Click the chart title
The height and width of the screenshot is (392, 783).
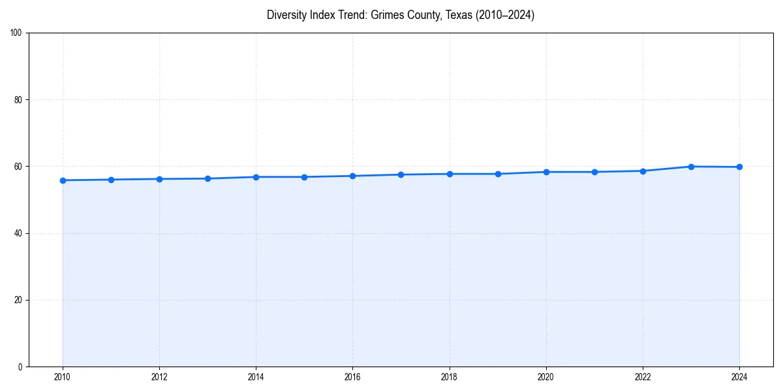click(x=400, y=15)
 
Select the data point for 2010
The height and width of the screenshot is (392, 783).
click(x=63, y=180)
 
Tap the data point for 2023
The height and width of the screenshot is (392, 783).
click(x=691, y=167)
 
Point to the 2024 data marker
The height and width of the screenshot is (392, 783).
click(x=739, y=167)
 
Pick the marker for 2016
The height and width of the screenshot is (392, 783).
click(x=352, y=176)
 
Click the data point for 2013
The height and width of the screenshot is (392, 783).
click(x=207, y=178)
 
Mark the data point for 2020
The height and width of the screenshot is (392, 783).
click(x=546, y=172)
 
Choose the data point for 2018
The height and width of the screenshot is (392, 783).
click(x=450, y=174)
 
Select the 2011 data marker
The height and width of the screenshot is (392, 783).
click(x=111, y=180)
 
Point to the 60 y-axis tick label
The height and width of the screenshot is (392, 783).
click(x=19, y=167)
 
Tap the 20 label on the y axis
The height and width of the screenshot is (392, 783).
click(x=19, y=300)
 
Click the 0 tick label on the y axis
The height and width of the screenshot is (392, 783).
click(x=21, y=367)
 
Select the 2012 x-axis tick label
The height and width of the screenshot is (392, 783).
click(x=159, y=377)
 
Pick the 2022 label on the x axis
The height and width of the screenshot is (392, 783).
click(x=643, y=377)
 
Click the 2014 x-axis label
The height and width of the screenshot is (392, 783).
click(x=256, y=377)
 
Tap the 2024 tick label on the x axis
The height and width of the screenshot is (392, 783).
click(x=739, y=377)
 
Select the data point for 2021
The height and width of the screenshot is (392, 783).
click(x=594, y=172)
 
